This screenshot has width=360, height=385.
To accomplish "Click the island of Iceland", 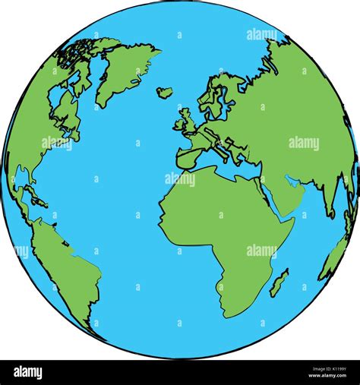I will (x=164, y=92).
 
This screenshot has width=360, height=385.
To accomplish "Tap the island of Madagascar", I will (x=279, y=282).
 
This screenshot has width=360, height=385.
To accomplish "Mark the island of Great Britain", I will (x=185, y=121).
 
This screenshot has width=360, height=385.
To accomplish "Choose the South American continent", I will (x=68, y=266).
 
